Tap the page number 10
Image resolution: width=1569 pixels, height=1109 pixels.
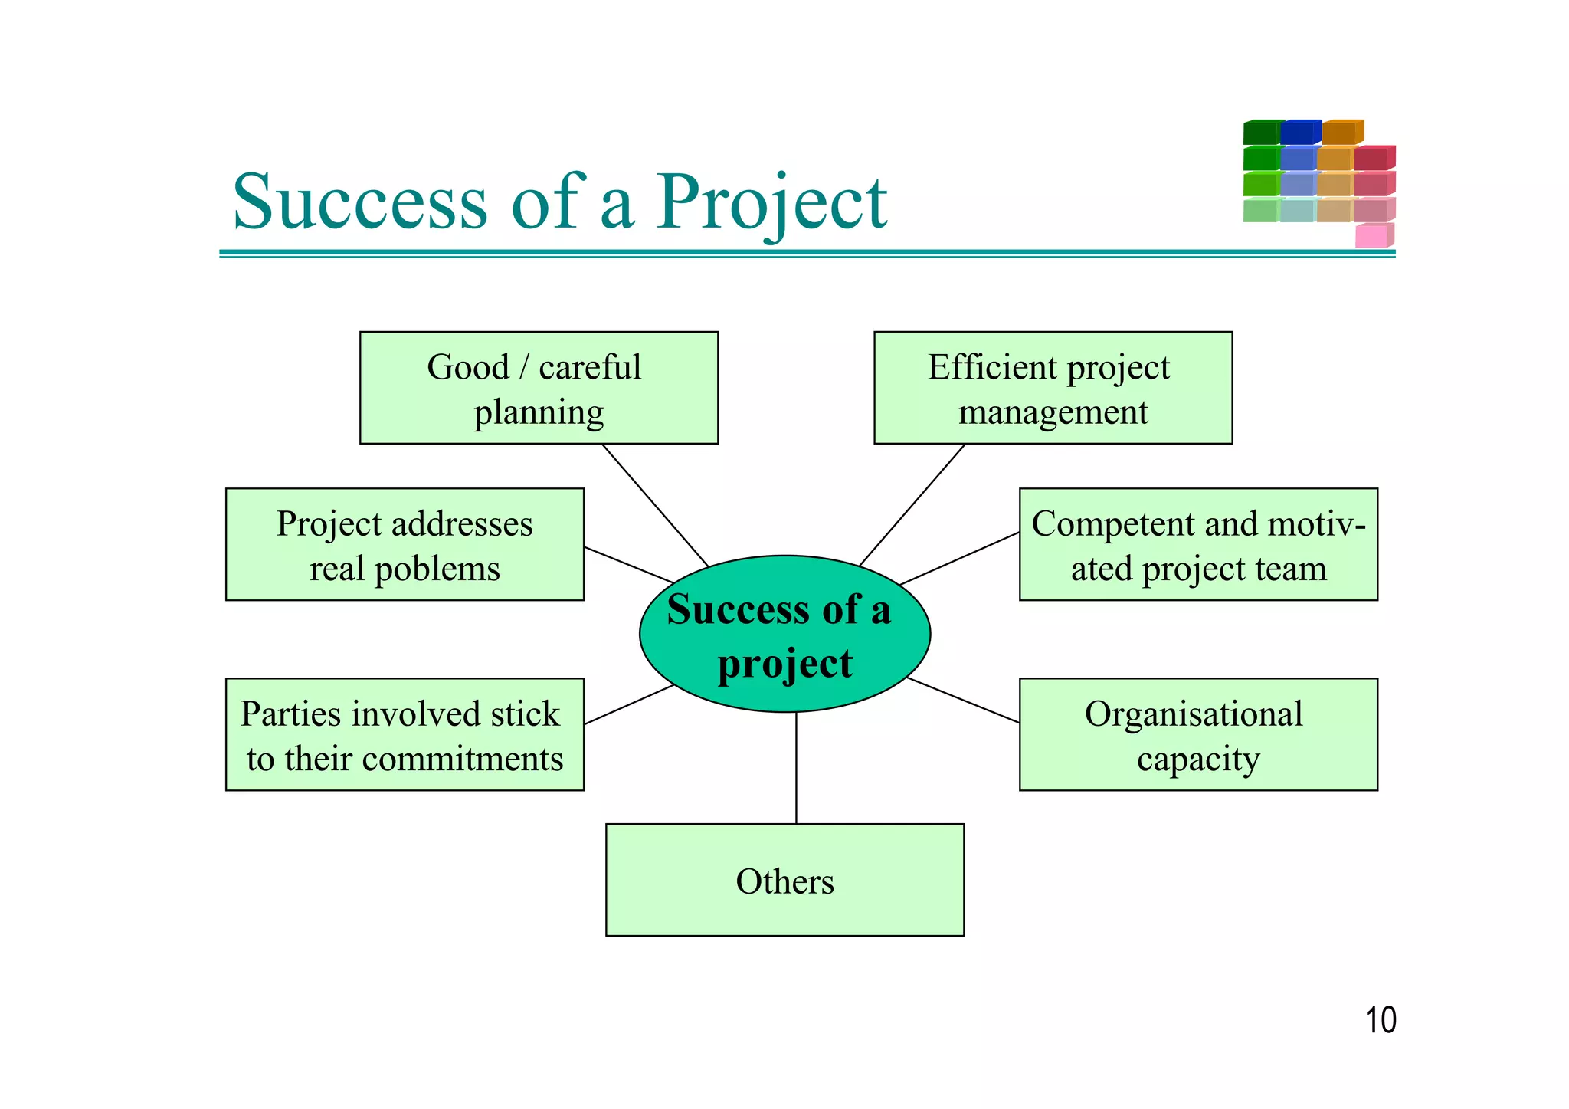(x=1380, y=1021)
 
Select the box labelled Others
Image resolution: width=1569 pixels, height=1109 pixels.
(x=784, y=881)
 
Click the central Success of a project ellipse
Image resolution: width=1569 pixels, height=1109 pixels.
(x=784, y=635)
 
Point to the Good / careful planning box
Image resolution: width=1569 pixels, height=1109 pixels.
(x=539, y=389)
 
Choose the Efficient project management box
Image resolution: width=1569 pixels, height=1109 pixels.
(x=1053, y=389)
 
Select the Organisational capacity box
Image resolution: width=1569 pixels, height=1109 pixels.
(x=1197, y=735)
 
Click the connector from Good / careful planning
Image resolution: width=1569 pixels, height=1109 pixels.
(x=655, y=505)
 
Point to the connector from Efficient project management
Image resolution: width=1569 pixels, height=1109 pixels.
(x=912, y=505)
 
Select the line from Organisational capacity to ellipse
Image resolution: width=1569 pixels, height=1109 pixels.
(x=962, y=701)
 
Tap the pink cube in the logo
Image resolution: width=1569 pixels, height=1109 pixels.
(x=1371, y=236)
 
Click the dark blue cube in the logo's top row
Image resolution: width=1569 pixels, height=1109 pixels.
(x=1297, y=133)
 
